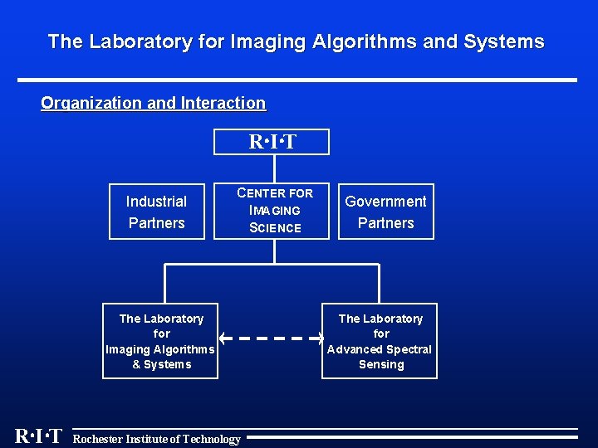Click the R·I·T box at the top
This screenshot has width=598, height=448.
[272, 142]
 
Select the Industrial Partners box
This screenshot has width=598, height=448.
[156, 212]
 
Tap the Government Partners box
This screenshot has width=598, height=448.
[385, 212]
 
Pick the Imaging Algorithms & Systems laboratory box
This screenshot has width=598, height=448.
[160, 341]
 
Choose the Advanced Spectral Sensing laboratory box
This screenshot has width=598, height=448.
[380, 341]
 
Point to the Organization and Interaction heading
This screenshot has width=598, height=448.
[154, 104]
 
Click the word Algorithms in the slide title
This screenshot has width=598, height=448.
[364, 41]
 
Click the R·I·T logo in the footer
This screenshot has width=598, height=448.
[38, 436]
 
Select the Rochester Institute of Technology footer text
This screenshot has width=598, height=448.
[157, 439]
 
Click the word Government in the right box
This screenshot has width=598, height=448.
[385, 202]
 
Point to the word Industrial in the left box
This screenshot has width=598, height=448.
[156, 202]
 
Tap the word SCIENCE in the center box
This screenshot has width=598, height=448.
[275, 228]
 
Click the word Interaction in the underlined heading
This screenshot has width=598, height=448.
[223, 104]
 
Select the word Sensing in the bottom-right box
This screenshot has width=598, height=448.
[381, 364]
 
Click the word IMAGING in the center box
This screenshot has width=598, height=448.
[275, 211]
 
